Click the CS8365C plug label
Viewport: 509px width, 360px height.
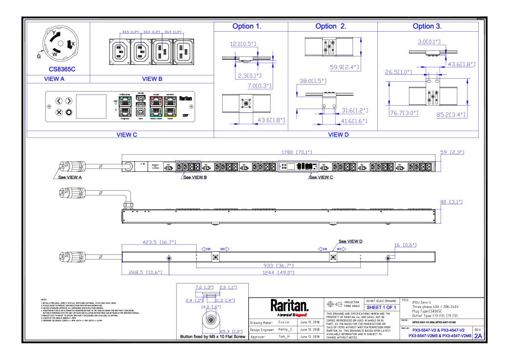[62, 69]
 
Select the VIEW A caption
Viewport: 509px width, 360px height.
[54, 79]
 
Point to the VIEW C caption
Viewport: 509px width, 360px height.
[127, 135]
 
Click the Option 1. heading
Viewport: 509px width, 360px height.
[247, 27]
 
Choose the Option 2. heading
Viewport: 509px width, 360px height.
[331, 27]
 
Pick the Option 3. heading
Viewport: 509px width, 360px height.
[427, 27]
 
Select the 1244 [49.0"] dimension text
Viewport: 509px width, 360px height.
[278, 272]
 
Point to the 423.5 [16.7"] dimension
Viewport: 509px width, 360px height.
[159, 242]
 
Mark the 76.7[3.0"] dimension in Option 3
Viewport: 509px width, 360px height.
[404, 113]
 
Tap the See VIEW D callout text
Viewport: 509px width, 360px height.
[350, 242]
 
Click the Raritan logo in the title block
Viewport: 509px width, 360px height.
[289, 306]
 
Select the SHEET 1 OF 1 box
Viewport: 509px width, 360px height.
[381, 307]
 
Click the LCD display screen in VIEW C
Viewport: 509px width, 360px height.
[91, 107]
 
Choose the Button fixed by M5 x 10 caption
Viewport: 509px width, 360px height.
[213, 337]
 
